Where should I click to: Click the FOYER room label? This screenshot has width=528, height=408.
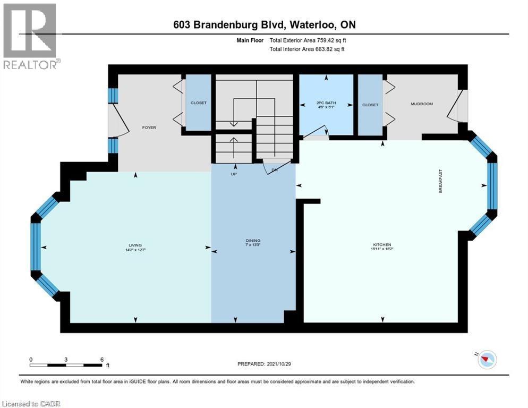click(x=149, y=127)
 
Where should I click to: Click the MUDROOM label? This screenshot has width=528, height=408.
click(x=422, y=104)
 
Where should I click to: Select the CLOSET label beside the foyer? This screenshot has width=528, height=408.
click(x=198, y=103)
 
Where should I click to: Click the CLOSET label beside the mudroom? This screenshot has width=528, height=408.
click(x=370, y=105)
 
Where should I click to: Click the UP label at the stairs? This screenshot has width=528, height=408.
click(x=233, y=174)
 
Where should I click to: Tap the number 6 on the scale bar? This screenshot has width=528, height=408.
click(x=101, y=359)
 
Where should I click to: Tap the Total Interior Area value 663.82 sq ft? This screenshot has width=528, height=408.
click(x=326, y=49)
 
